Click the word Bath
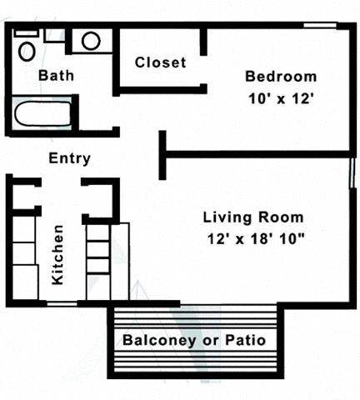(56, 75)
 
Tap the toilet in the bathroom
(27, 52)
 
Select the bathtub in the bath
(41, 112)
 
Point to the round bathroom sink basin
(91, 40)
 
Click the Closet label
(160, 62)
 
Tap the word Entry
(70, 158)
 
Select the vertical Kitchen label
(58, 255)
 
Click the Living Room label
(253, 217)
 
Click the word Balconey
(158, 340)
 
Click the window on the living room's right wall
(352, 177)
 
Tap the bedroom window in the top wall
(320, 26)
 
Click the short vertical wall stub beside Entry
(162, 155)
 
